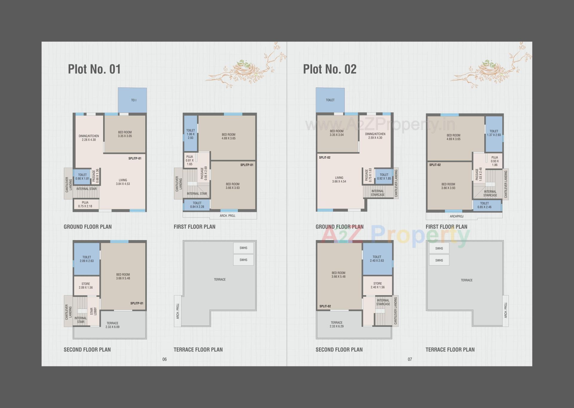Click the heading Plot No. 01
click(x=94, y=69)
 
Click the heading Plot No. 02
click(x=330, y=69)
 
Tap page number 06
click(x=164, y=359)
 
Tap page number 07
click(x=410, y=359)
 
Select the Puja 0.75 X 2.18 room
click(x=85, y=204)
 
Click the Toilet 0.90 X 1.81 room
click(x=82, y=177)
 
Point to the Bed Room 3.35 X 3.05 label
click(x=125, y=134)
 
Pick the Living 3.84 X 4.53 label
click(x=123, y=182)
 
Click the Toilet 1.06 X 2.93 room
click(x=190, y=134)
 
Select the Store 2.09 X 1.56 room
click(x=86, y=286)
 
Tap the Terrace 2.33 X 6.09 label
click(x=112, y=325)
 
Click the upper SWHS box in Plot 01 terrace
click(x=243, y=248)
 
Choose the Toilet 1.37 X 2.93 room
click(x=494, y=133)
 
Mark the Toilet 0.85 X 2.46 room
click(x=484, y=205)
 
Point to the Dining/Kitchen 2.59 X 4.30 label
click(x=375, y=136)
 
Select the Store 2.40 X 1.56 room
click(x=378, y=285)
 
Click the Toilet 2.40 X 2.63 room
click(x=377, y=259)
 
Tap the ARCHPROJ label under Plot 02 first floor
click(x=457, y=216)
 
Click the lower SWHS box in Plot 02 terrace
click(x=439, y=260)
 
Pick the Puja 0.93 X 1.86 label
click(x=494, y=161)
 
